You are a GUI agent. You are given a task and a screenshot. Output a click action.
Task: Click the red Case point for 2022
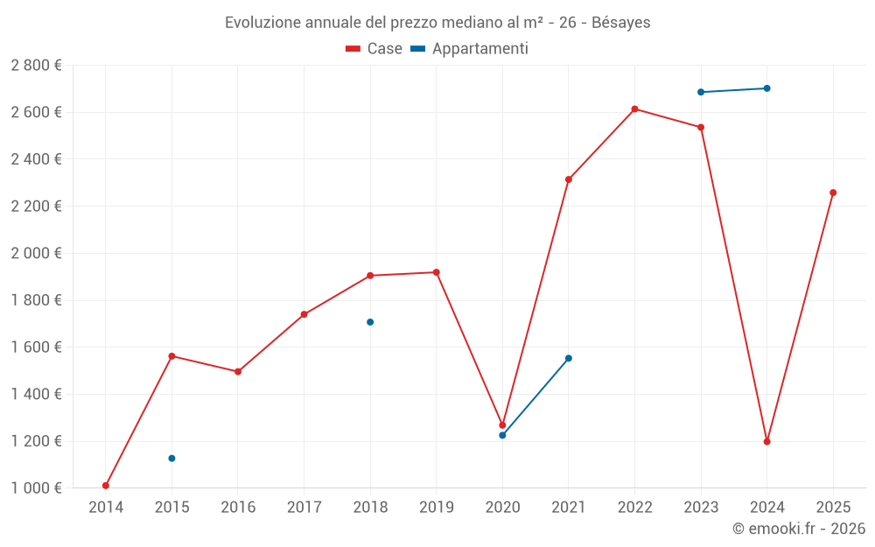pos(634,109)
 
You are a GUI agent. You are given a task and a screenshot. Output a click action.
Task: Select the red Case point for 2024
pos(767,441)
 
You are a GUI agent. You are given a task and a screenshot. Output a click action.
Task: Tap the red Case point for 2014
pos(106,486)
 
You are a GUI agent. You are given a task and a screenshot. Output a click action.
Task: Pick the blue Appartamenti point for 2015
pos(172,459)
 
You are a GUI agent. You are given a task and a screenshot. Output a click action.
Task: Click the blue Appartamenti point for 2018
pos(370,322)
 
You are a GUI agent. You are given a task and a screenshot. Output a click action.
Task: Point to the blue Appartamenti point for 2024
pos(767,88)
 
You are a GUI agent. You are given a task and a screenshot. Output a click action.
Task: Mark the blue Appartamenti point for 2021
pos(569,358)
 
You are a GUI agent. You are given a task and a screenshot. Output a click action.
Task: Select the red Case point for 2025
pos(833,193)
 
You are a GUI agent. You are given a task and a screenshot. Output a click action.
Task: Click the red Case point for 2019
pos(437,272)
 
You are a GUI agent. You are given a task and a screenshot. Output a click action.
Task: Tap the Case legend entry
pos(374,49)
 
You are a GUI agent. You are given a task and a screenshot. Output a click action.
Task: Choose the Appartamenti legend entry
pos(470,49)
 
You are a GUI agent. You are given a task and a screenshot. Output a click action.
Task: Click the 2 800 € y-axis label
pos(36,66)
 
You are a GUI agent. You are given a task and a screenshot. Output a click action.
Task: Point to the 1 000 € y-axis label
pos(36,488)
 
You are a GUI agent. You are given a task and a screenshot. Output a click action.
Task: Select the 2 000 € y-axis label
pos(36,254)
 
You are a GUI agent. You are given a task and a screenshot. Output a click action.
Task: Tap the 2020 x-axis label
pos(502,507)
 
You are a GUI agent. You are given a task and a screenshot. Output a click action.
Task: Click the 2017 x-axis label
pos(304,507)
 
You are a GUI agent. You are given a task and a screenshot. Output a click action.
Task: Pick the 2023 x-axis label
pos(701,507)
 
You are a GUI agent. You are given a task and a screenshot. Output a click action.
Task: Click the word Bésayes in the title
pos(620,23)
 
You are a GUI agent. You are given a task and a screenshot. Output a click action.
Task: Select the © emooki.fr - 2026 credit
pos(798,529)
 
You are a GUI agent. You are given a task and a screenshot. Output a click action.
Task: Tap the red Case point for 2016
pos(238,372)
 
